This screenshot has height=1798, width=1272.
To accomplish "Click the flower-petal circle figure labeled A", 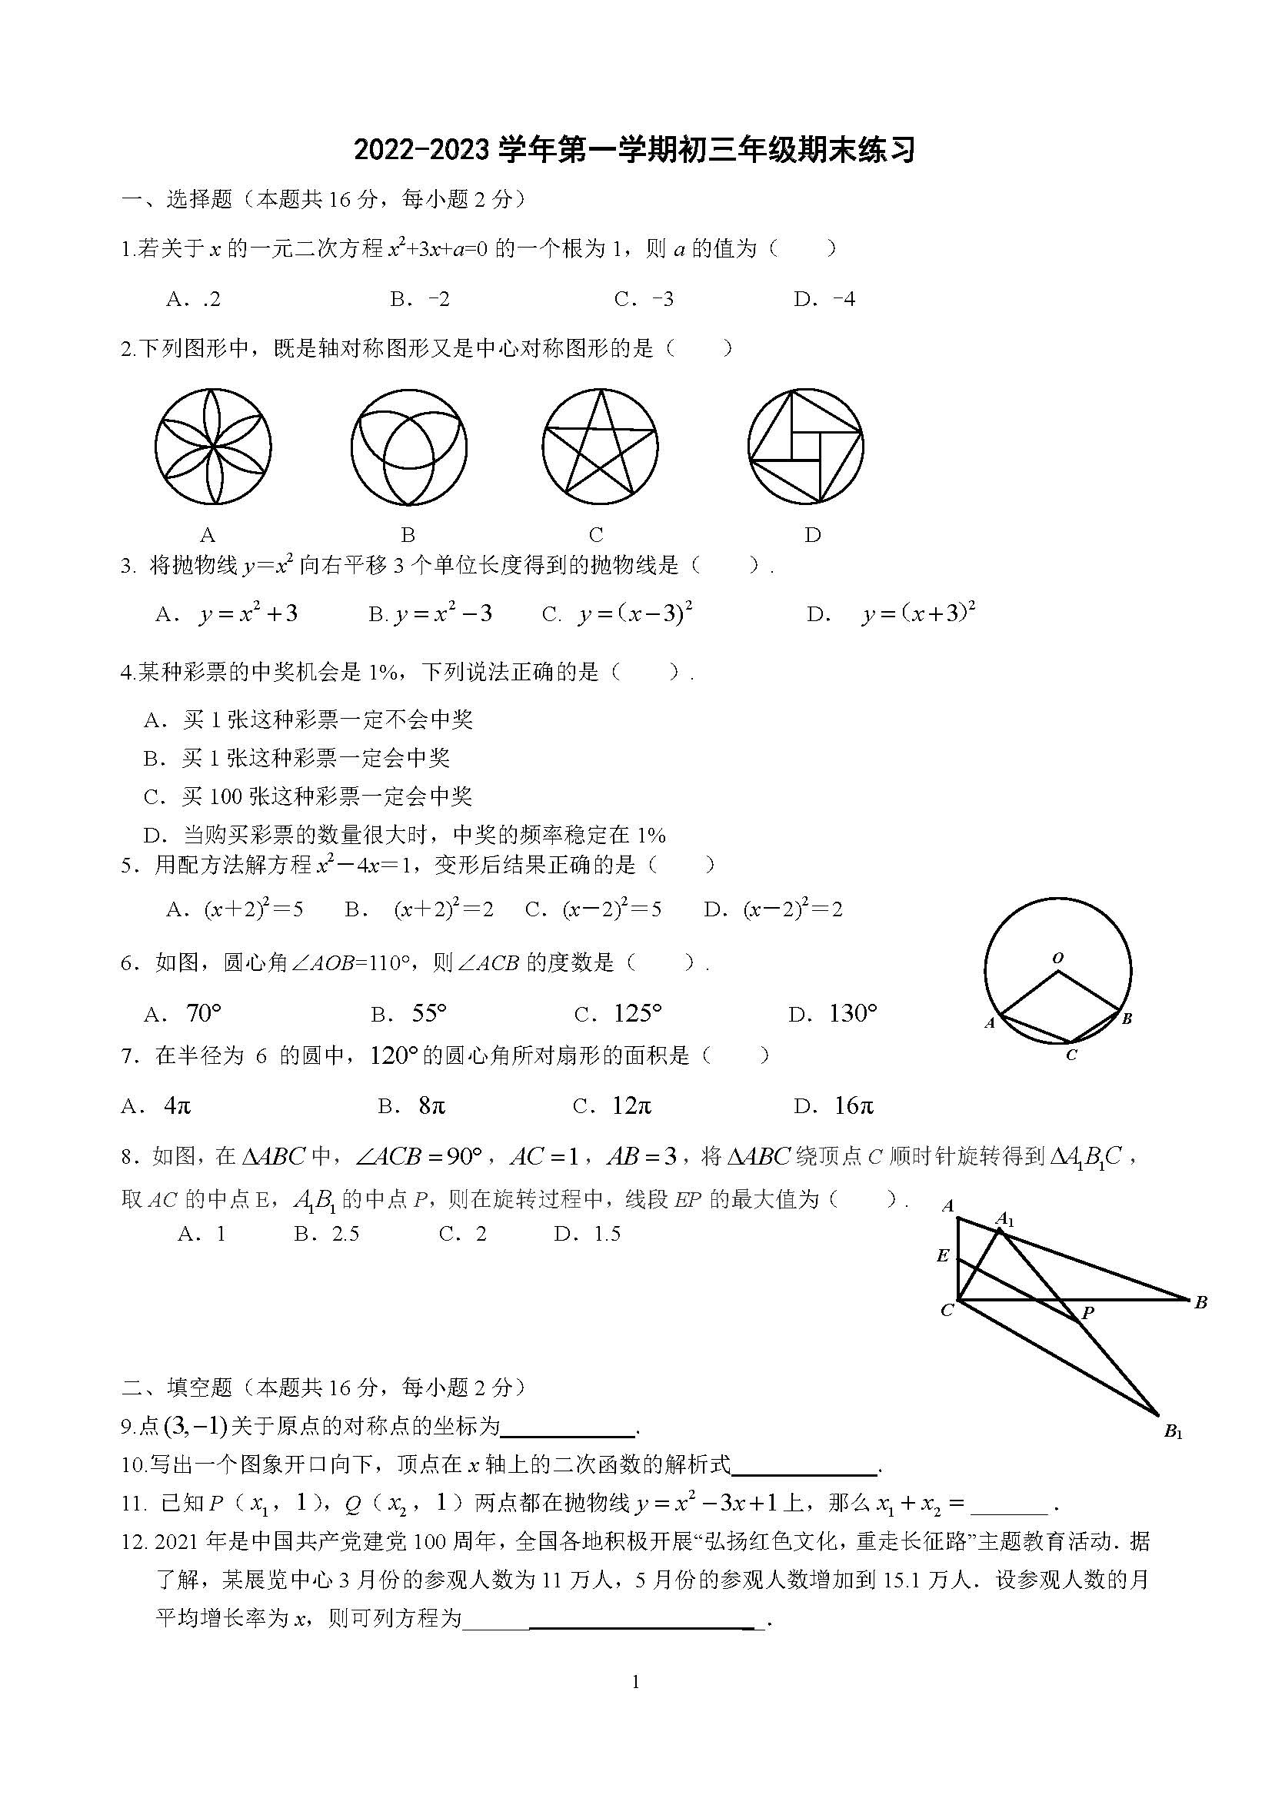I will pyautogui.click(x=213, y=447).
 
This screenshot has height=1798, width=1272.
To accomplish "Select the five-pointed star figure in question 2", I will pyautogui.click(x=600, y=447).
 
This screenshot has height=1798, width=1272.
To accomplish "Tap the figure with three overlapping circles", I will pyautogui.click(x=409, y=447).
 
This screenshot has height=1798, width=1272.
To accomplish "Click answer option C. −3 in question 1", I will pyautogui.click(x=644, y=299).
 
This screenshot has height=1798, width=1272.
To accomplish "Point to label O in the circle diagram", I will pyautogui.click(x=1058, y=958).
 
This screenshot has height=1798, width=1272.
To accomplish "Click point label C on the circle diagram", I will pyautogui.click(x=1071, y=1055).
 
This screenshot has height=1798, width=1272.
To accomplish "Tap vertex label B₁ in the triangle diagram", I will pyautogui.click(x=1173, y=1431).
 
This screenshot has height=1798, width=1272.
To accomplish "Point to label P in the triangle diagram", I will pyautogui.click(x=1088, y=1313).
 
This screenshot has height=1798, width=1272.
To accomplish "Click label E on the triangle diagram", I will pyautogui.click(x=943, y=1256).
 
